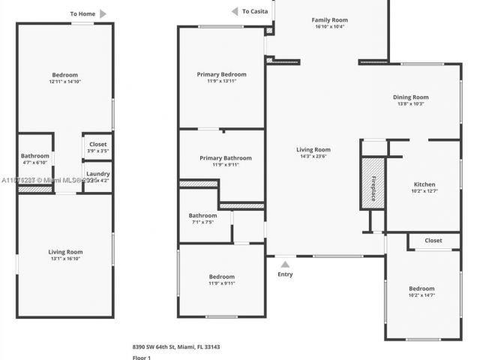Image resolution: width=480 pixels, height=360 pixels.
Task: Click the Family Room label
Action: click(x=329, y=19)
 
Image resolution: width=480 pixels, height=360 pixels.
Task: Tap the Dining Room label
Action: click(x=411, y=97)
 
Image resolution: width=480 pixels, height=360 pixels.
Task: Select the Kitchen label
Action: click(x=424, y=184)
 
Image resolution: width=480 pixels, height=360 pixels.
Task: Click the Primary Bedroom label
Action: click(x=222, y=74)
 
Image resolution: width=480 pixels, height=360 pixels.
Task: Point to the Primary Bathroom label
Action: click(x=226, y=158)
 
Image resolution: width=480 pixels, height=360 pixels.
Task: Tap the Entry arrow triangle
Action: click(x=285, y=264)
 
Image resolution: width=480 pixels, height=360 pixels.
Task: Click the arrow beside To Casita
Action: click(x=234, y=11)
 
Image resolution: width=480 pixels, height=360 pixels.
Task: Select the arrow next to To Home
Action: click(x=103, y=13)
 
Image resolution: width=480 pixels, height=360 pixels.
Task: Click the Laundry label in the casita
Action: click(x=98, y=174)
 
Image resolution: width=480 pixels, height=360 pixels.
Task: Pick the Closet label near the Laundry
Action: click(x=98, y=144)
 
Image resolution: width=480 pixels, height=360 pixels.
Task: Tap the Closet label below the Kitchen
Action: click(x=433, y=241)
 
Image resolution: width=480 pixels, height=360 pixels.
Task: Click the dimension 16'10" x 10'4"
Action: click(x=329, y=27)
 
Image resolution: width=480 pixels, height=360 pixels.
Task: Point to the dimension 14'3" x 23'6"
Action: click(x=313, y=157)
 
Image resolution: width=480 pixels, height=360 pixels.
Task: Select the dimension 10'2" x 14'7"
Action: click(x=421, y=295)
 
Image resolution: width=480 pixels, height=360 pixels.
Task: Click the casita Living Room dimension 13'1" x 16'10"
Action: click(x=66, y=259)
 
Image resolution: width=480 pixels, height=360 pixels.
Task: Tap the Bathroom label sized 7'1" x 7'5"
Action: click(x=202, y=215)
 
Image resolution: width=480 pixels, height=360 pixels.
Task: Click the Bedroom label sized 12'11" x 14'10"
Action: click(x=65, y=74)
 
